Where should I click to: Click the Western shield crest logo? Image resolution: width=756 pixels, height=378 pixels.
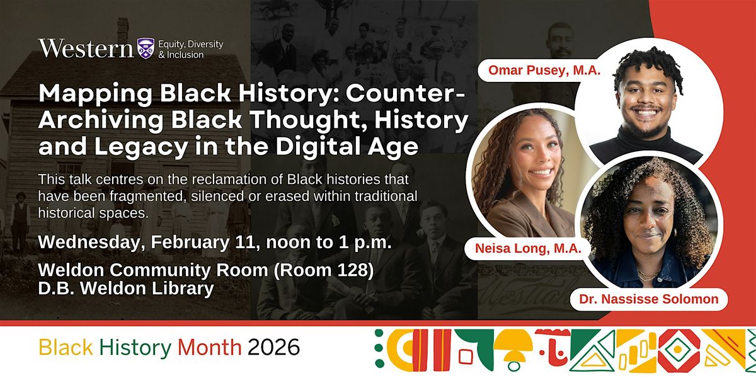point(146,49)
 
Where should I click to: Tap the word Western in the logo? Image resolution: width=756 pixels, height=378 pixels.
point(86,49)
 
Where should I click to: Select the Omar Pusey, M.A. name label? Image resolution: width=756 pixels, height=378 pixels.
point(544,70)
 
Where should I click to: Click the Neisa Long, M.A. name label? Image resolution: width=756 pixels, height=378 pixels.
point(528,248)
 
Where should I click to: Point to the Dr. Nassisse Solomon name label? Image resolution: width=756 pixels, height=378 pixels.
point(649,299)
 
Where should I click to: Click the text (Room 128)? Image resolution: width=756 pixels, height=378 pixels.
point(324,270)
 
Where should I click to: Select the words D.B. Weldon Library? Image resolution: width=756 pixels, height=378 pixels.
point(126,289)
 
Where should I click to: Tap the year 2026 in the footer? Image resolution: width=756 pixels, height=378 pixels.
point(273,347)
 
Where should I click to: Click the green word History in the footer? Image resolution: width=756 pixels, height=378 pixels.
point(135,348)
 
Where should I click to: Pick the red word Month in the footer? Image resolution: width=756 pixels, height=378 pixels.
point(210,347)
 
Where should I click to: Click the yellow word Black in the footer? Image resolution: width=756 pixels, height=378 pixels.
point(66,347)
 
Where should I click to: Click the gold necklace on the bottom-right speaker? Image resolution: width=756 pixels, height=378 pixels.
point(648,275)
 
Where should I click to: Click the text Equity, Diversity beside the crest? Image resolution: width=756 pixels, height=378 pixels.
point(191,44)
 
